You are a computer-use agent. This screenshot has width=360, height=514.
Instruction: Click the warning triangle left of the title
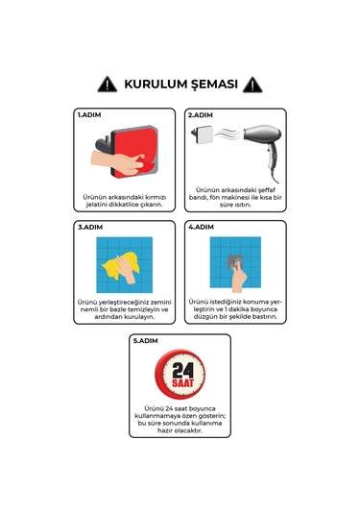click(108, 85)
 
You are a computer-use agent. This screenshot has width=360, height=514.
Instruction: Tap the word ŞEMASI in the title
click(215, 85)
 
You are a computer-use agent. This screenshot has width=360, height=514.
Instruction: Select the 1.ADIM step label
click(89, 114)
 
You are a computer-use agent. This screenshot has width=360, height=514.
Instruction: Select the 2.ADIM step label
click(201, 114)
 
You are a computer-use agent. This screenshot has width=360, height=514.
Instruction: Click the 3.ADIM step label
click(89, 227)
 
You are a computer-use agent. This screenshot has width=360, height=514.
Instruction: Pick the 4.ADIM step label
click(201, 227)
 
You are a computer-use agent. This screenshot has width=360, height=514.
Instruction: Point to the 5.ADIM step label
click(145, 340)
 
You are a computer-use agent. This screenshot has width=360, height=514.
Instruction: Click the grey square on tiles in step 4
click(233, 262)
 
